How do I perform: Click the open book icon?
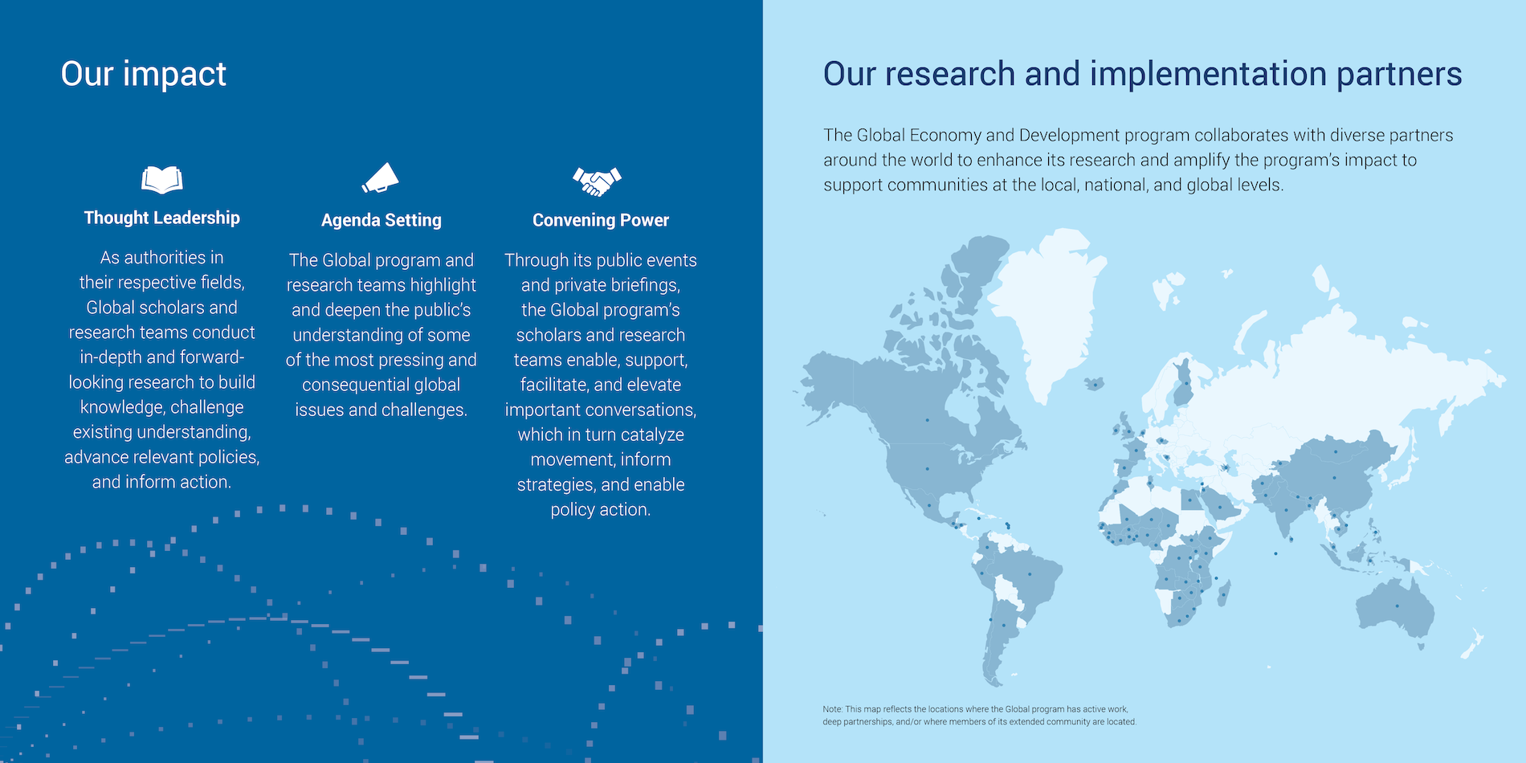click(x=162, y=180)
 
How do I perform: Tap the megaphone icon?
click(x=381, y=178)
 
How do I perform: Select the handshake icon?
click(x=597, y=182)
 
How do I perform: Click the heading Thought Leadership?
click(x=162, y=218)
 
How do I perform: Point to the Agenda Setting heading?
click(x=381, y=220)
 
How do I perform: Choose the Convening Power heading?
click(x=601, y=220)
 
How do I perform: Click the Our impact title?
click(x=144, y=74)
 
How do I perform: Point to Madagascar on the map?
click(x=1224, y=594)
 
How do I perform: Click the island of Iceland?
click(x=1094, y=385)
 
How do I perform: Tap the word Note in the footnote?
click(x=832, y=709)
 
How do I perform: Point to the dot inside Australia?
click(x=1397, y=606)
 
